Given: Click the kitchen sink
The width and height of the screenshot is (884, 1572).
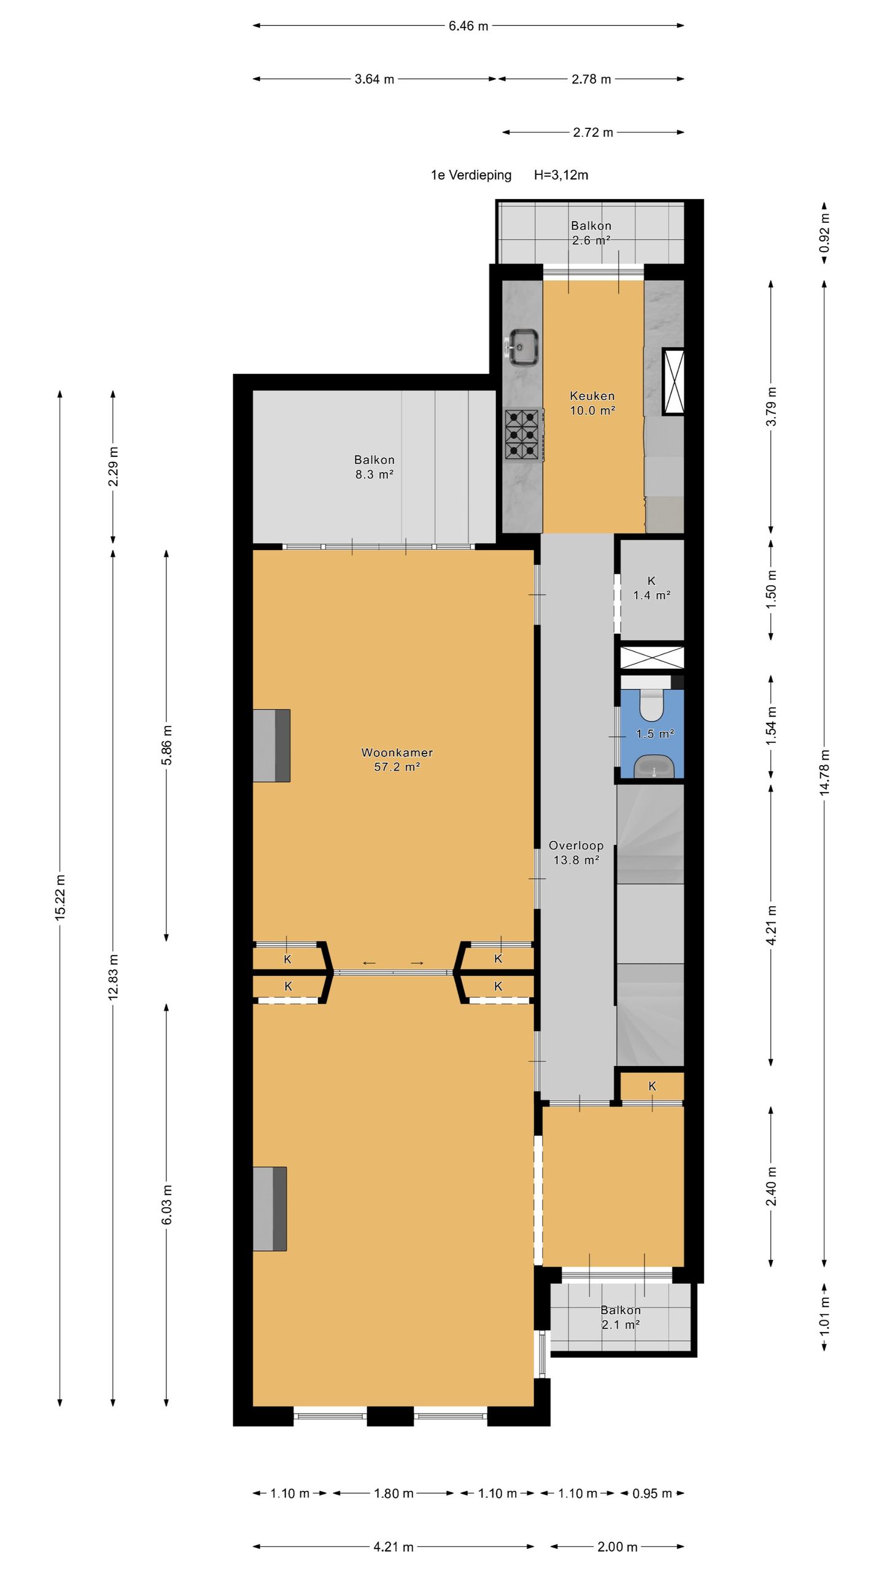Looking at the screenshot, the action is tap(524, 346).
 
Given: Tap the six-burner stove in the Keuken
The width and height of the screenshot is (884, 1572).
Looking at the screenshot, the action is tap(524, 434).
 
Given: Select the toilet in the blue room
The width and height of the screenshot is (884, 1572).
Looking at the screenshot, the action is tap(652, 705).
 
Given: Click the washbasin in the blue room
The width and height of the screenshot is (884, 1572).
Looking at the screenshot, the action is tap(654, 767).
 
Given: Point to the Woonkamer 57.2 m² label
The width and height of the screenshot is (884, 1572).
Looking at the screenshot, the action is tap(397, 760).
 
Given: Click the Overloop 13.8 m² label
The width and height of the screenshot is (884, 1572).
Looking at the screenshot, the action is tap(576, 853).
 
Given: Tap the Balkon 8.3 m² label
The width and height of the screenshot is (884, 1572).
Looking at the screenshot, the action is tap(374, 467).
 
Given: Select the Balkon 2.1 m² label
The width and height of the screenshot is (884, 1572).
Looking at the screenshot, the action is tap(621, 1318).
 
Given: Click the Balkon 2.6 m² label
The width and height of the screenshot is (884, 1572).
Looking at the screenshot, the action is tap(591, 233).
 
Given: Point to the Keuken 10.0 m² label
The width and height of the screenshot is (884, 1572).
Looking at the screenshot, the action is tap(592, 403).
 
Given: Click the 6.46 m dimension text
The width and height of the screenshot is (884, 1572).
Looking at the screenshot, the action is tap(468, 26).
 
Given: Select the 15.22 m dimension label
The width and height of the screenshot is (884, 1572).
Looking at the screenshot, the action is tap(60, 897).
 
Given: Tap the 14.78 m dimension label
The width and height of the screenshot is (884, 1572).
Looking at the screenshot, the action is tap(824, 773).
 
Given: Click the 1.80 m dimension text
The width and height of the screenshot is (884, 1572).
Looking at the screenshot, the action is tap(394, 1493).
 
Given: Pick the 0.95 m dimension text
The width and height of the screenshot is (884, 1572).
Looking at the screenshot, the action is tap(652, 1493).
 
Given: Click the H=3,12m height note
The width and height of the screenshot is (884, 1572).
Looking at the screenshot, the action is tap(561, 175).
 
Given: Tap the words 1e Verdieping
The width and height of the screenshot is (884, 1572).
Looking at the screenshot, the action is tap(471, 175).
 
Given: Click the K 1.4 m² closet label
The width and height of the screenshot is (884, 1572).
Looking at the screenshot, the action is tap(651, 588).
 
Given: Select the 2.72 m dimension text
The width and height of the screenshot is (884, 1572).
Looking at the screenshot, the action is tap(593, 133).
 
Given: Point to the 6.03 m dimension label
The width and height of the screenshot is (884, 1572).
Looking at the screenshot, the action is tap(167, 1204).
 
